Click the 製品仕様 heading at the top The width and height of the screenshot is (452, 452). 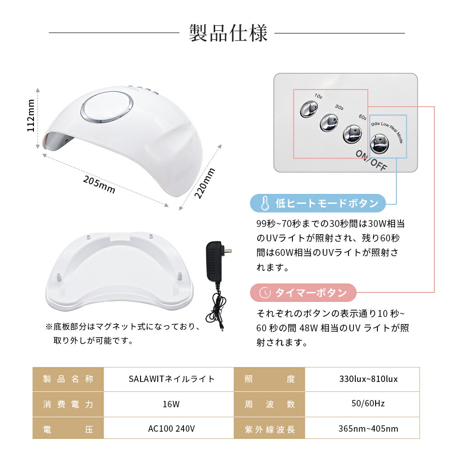pos(228,33)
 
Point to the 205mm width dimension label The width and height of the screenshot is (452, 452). pos(99,184)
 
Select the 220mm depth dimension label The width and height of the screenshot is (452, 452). pos(205,183)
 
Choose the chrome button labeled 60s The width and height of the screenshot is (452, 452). pos(352,133)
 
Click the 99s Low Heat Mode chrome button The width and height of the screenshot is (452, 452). pos(379,144)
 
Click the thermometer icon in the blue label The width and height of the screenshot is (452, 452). pos(265,203)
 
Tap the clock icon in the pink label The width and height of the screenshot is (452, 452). pos(265,293)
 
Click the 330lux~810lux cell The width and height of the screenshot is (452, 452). pos(368,379)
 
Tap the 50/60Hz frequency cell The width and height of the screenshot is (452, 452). pos(368,404)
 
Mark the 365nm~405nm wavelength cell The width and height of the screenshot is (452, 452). pos(368,429)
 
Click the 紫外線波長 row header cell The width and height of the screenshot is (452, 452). pos(269,429)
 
